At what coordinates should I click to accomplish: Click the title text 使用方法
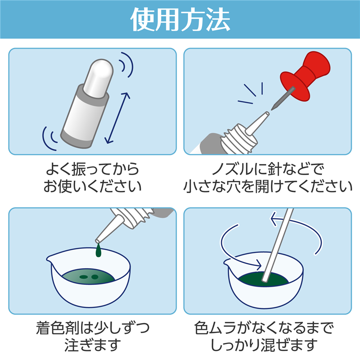tap(180, 19)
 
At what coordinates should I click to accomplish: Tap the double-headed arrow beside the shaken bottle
tap(118, 118)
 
